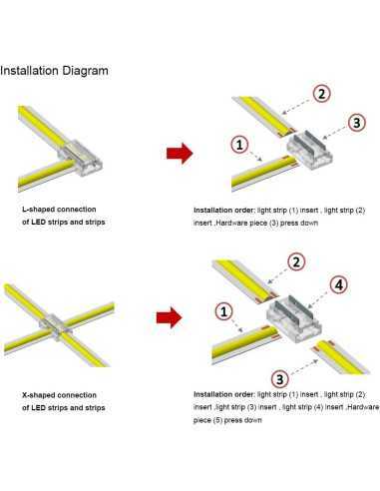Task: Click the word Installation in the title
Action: click(29, 71)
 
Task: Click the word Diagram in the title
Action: click(86, 71)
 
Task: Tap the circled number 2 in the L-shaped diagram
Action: click(321, 94)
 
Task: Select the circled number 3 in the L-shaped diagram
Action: click(357, 122)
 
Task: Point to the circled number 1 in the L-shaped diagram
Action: click(239, 144)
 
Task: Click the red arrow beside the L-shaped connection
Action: click(180, 154)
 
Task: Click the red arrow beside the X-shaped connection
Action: click(170, 317)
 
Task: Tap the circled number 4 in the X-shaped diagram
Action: click(339, 284)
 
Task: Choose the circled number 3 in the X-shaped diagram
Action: click(280, 379)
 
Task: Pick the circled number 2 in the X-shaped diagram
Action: click(296, 261)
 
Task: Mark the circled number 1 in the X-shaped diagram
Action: click(223, 311)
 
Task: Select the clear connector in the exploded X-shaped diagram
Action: click(294, 318)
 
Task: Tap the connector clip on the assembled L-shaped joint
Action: click(81, 158)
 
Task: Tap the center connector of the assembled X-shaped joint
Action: click(56, 327)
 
